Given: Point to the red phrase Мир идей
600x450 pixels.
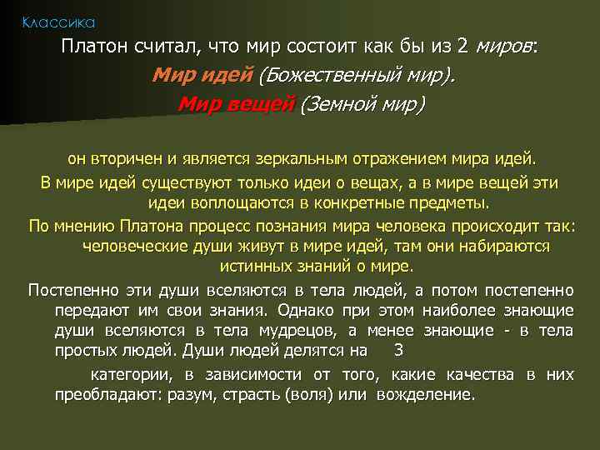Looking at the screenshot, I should tap(202, 76).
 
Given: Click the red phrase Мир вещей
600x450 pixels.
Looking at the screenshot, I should tap(237, 105).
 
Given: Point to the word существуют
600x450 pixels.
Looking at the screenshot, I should tap(169, 182).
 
